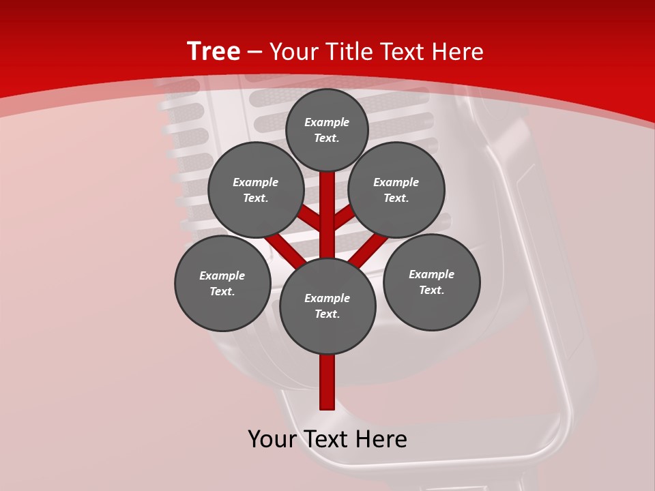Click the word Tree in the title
(x=214, y=51)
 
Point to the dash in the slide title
(x=255, y=52)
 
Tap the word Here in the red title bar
(x=457, y=52)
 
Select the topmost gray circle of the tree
(x=327, y=130)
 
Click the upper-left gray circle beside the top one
(x=256, y=190)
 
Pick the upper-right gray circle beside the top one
(x=396, y=190)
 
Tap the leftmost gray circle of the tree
(x=222, y=283)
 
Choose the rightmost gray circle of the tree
(x=432, y=282)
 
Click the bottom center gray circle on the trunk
(x=327, y=306)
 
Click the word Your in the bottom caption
(x=272, y=439)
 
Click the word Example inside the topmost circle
(x=327, y=122)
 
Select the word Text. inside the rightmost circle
(x=432, y=290)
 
